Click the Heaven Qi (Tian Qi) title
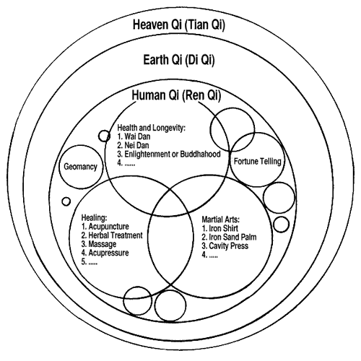click(x=179, y=25)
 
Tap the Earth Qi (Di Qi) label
click(x=179, y=60)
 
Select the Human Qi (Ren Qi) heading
click(x=176, y=95)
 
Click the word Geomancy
click(x=80, y=167)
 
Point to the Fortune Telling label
click(x=258, y=161)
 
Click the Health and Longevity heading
click(x=152, y=128)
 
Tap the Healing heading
click(x=94, y=218)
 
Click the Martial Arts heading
click(x=221, y=219)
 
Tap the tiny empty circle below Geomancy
click(x=66, y=201)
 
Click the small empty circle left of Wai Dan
click(x=104, y=136)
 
